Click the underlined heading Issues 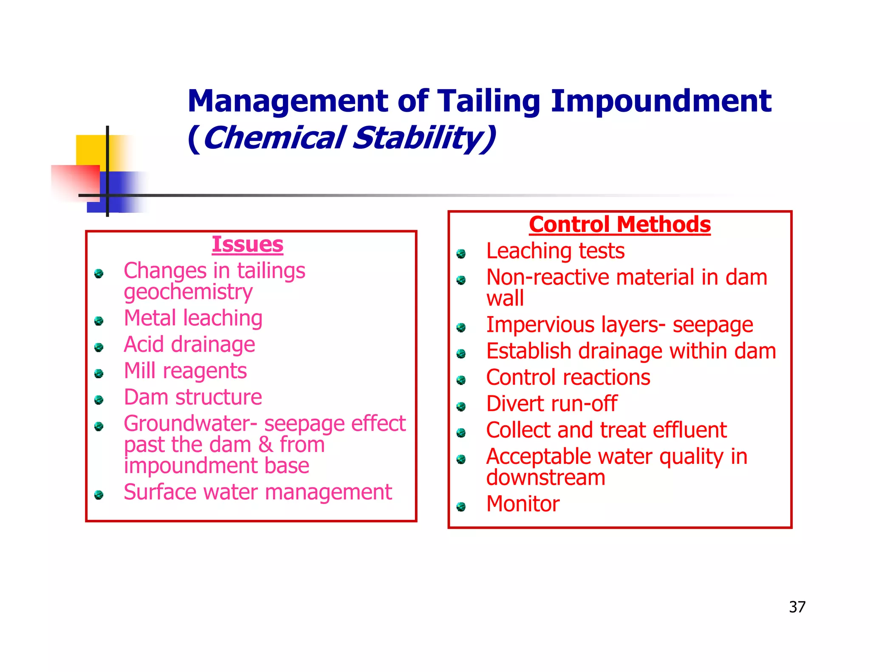247,245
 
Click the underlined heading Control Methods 619,224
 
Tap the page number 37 797,607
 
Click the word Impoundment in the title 661,102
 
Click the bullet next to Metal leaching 99,321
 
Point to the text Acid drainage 189,344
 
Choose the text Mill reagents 185,371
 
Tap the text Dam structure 193,398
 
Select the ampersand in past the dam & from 266,445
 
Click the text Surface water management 257,492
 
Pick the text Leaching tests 555,251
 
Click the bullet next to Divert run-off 461,407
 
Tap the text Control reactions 568,378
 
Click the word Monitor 523,504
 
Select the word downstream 545,478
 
